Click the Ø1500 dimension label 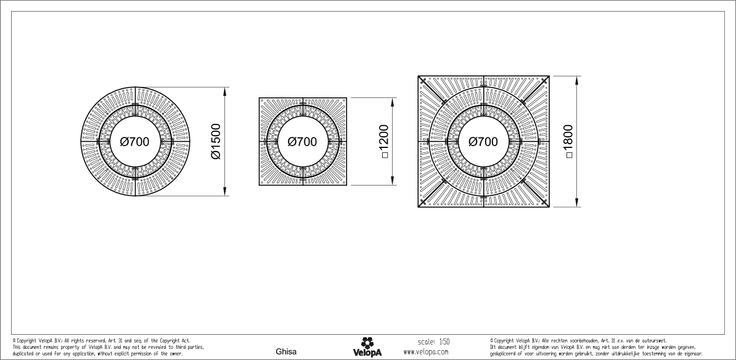[216, 141]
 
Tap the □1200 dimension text [384, 141]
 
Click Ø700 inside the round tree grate [134, 141]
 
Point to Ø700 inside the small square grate [302, 141]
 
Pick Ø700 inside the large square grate [483, 141]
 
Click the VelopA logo [367, 347]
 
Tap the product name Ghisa [286, 351]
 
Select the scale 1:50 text [434, 342]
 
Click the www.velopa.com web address [426, 351]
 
